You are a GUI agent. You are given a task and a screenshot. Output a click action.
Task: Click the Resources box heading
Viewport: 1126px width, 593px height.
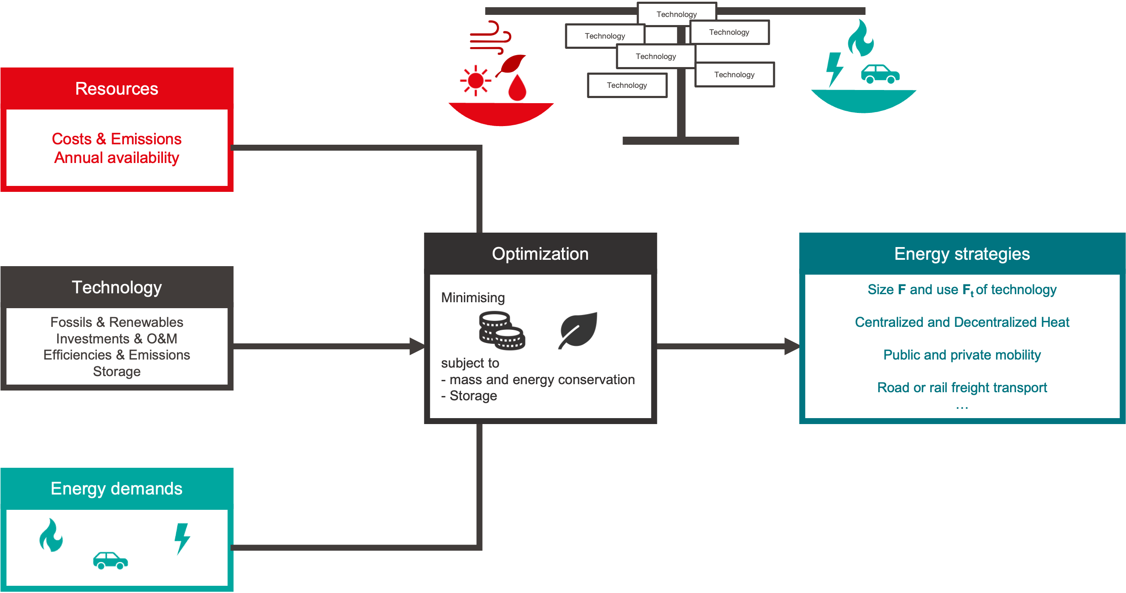117,89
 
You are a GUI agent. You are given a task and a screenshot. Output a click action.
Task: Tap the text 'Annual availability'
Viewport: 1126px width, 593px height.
117,158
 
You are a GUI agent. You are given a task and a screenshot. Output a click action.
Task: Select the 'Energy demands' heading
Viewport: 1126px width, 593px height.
117,489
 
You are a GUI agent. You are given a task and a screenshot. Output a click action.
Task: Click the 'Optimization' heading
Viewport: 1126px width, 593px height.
540,254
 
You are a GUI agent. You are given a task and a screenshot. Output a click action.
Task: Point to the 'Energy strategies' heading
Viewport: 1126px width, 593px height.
962,254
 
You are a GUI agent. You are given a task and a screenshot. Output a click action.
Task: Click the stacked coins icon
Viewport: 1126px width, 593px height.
502,331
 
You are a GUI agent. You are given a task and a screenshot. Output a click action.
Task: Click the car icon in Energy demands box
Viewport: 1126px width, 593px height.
110,560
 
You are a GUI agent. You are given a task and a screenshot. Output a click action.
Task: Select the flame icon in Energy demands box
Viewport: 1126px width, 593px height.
51,535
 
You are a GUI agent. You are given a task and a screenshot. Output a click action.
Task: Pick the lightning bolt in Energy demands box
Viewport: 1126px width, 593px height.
182,538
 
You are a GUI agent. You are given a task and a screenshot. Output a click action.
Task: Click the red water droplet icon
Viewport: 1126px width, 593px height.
517,88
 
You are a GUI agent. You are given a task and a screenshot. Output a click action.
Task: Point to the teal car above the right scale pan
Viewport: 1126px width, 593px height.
880,74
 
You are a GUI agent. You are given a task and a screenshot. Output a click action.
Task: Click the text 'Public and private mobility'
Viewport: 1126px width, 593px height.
962,355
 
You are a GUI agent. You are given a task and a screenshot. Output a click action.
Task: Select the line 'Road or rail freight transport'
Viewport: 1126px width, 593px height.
962,388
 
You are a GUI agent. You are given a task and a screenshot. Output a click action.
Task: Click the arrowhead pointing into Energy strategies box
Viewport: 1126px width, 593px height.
792,346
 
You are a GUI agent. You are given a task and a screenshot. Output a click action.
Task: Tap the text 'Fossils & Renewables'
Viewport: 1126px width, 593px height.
117,322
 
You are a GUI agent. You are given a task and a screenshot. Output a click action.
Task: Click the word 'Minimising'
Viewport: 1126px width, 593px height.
473,298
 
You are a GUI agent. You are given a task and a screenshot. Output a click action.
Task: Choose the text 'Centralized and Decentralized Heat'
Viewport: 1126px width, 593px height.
962,322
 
